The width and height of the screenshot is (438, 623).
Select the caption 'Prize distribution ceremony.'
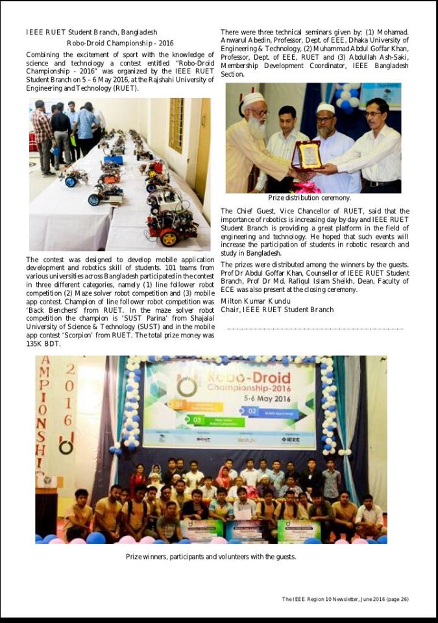[310, 198]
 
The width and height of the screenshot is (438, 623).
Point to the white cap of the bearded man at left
[252, 99]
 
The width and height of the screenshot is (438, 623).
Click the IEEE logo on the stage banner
[290, 439]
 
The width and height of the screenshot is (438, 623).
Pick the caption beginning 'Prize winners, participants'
[211, 556]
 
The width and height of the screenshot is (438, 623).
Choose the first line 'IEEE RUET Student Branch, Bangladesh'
[91, 32]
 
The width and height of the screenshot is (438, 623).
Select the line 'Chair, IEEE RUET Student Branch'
[277, 310]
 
